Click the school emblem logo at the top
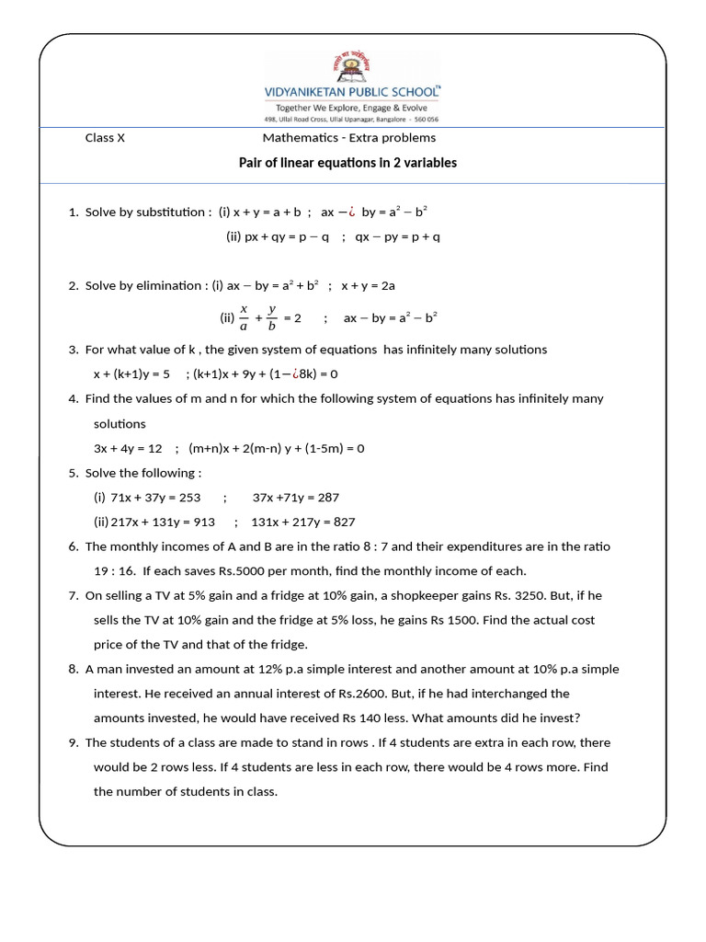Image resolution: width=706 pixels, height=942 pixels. (353, 67)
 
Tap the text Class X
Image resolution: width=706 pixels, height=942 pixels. (105, 138)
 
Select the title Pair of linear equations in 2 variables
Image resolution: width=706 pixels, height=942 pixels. (347, 163)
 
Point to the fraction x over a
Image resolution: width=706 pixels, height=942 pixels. (245, 317)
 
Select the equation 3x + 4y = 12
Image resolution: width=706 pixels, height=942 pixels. (128, 448)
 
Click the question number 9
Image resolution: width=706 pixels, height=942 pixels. (73, 742)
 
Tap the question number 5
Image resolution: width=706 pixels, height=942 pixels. (73, 473)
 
